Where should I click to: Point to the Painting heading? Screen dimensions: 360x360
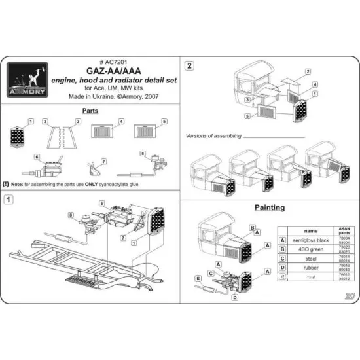(269, 207)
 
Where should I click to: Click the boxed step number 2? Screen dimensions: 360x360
(189, 66)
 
